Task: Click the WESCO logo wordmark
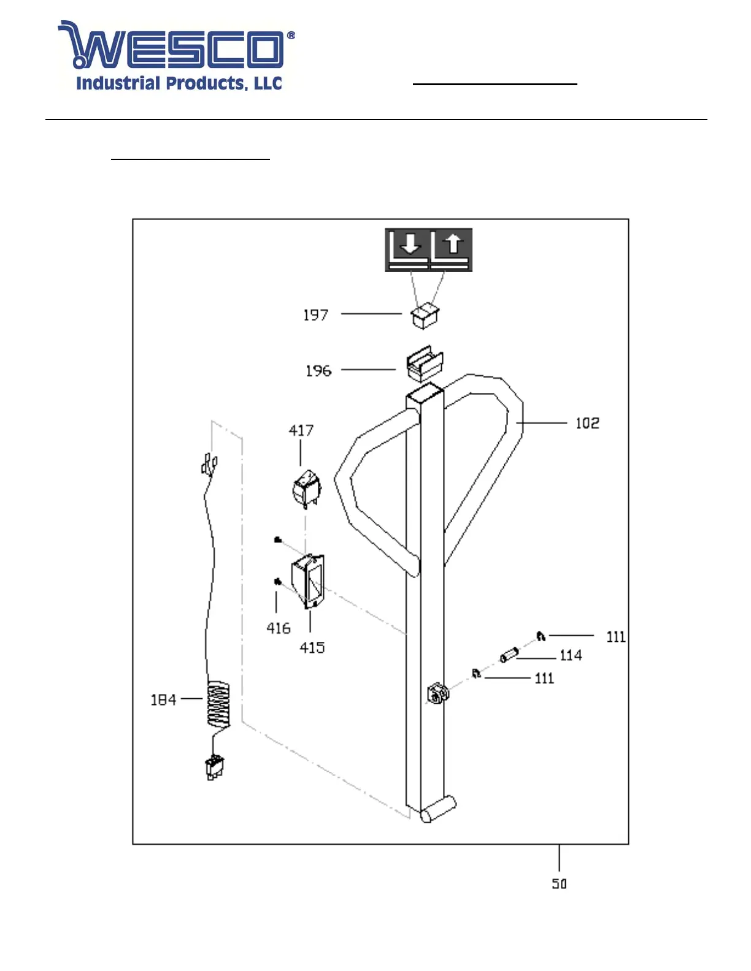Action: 176,45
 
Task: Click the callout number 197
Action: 315,315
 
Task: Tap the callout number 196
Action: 318,370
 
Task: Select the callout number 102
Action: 587,423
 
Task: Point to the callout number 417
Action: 301,430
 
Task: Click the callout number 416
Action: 278,628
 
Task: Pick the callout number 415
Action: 312,647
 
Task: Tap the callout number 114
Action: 571,655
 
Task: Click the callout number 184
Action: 163,700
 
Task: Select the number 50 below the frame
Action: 559,884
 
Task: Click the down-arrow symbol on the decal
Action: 410,245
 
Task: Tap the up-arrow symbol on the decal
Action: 453,244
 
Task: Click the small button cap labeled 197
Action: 425,316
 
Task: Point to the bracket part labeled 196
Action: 425,364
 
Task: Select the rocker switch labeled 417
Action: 306,489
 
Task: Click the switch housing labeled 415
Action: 308,581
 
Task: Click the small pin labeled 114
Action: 509,655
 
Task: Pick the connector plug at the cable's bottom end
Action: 215,767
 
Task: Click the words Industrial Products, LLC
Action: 179,83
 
